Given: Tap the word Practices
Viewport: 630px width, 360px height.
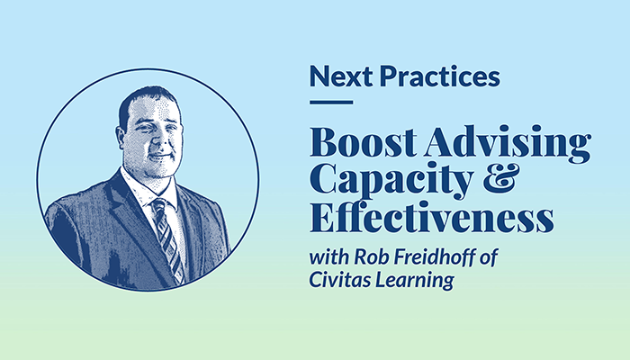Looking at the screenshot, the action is click(440, 76).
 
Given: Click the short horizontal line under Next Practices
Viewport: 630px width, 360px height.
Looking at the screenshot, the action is click(331, 103).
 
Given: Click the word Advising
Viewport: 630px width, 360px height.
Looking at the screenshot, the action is click(508, 144).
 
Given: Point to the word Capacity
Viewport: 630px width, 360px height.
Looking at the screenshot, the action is click(391, 180).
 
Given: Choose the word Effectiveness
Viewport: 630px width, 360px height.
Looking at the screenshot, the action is click(431, 218).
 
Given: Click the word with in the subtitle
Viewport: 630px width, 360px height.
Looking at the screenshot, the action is click(329, 256).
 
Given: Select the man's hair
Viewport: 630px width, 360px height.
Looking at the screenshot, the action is click(145, 101).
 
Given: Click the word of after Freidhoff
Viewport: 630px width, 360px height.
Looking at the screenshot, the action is click(489, 256).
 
